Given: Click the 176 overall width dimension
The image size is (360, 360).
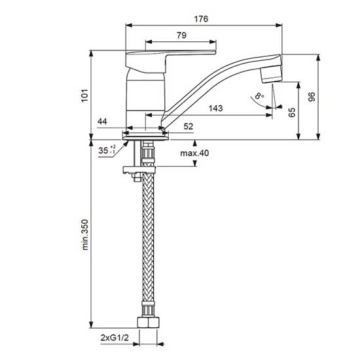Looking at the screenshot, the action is click(201, 19).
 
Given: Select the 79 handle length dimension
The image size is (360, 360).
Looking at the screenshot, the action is click(181, 35).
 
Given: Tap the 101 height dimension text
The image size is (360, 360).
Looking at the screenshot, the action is click(84, 96).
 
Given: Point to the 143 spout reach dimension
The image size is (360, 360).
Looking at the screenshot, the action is click(215, 108).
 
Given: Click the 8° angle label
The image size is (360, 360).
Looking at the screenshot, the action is click(259, 96).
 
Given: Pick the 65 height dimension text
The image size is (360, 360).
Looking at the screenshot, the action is click(292, 113).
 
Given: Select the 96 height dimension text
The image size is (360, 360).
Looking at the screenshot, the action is click(312, 96).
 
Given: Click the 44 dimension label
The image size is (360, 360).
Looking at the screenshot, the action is click(102, 121).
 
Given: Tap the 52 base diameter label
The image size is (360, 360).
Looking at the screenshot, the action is click(189, 126).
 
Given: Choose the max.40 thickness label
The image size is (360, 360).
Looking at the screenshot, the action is click(194, 153).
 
